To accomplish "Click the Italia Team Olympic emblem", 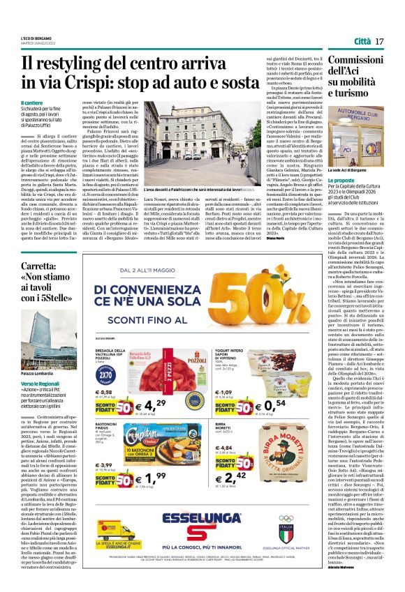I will point(307,518).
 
